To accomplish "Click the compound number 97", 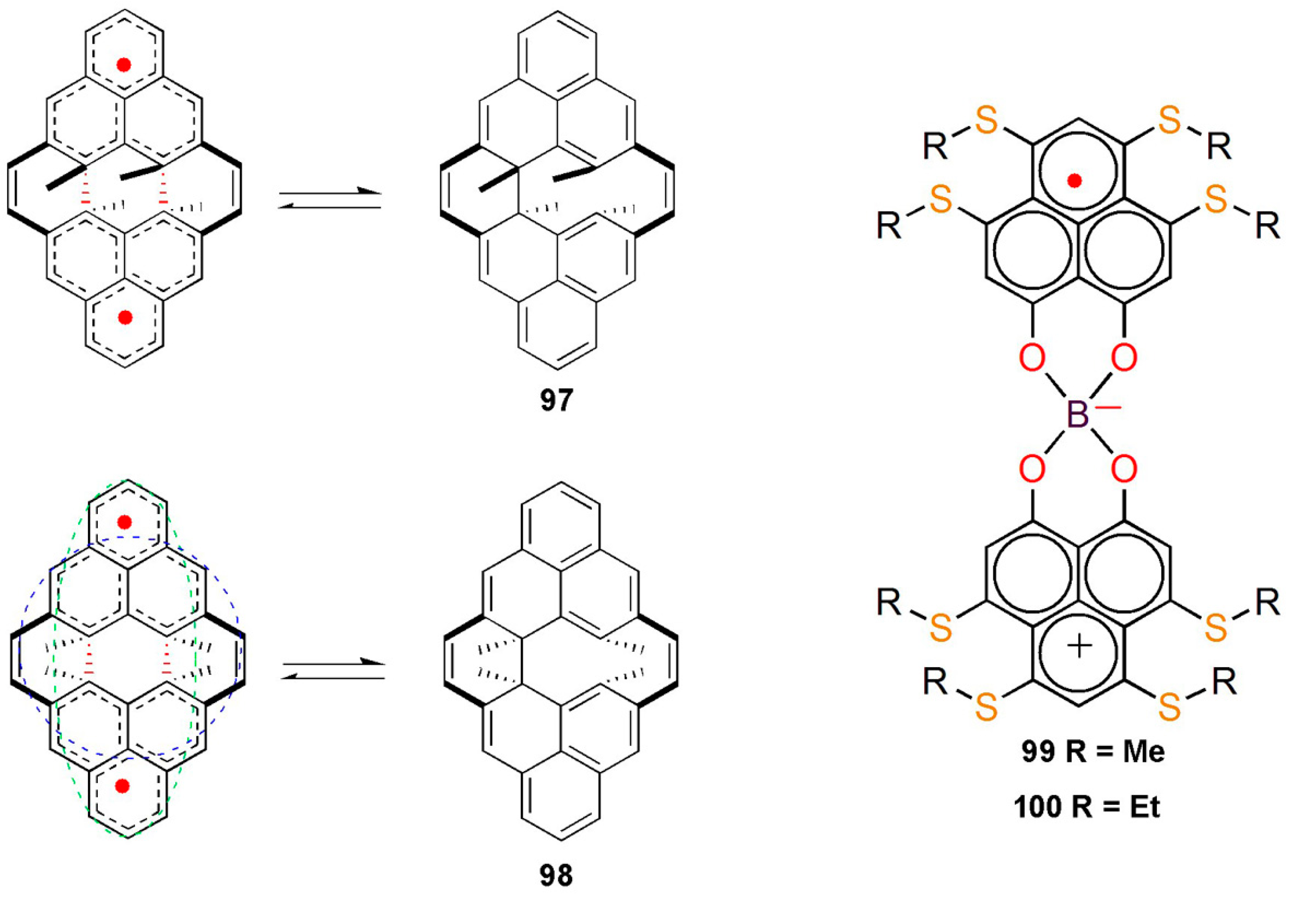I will pos(556,400).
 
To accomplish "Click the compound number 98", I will pos(556,875).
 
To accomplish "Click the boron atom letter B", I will pos(1077,415).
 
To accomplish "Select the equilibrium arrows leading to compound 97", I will pos(330,199).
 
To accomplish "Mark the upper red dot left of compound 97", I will pos(124,65).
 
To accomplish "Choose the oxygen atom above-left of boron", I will pos(1032,358).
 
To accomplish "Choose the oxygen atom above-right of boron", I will pos(1124,358).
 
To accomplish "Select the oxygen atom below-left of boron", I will pos(1032,470).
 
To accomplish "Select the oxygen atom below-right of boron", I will pos(1124,470).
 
